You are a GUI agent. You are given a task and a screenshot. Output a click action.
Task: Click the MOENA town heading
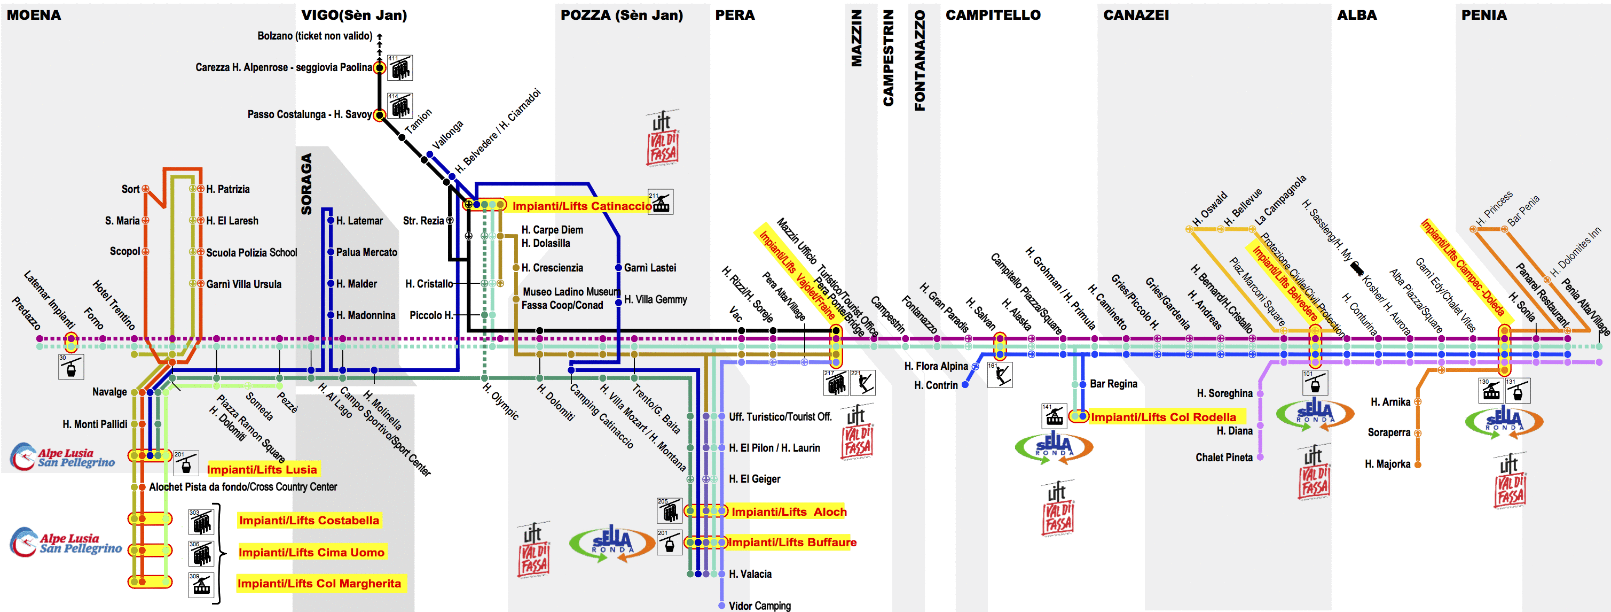pyautogui.click(x=34, y=15)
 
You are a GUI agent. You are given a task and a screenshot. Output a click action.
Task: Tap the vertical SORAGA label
pyautogui.click(x=306, y=184)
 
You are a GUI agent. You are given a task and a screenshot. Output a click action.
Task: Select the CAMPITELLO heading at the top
pyautogui.click(x=993, y=15)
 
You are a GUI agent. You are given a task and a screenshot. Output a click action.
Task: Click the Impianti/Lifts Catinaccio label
pyautogui.click(x=581, y=206)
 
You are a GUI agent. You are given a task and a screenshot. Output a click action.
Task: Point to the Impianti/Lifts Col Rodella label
pyautogui.click(x=1162, y=417)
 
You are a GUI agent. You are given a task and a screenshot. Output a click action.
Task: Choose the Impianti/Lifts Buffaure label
pyautogui.click(x=792, y=543)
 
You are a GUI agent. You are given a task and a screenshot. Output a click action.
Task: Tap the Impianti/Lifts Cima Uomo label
pyautogui.click(x=311, y=552)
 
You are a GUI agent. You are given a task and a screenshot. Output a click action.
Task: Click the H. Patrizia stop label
pyautogui.click(x=227, y=189)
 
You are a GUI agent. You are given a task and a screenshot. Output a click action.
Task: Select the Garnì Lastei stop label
pyautogui.click(x=650, y=268)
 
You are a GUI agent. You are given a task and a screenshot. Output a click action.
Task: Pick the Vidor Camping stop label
pyautogui.click(x=759, y=606)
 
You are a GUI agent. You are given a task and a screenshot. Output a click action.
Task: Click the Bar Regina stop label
pyautogui.click(x=1113, y=384)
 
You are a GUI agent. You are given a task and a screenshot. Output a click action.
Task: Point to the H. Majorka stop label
pyautogui.click(x=1387, y=464)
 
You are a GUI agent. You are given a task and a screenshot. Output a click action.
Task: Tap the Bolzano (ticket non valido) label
pyautogui.click(x=315, y=36)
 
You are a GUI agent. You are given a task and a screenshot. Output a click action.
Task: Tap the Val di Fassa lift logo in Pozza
pyautogui.click(x=662, y=139)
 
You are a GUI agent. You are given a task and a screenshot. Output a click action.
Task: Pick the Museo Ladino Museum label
pyautogui.click(x=570, y=292)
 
